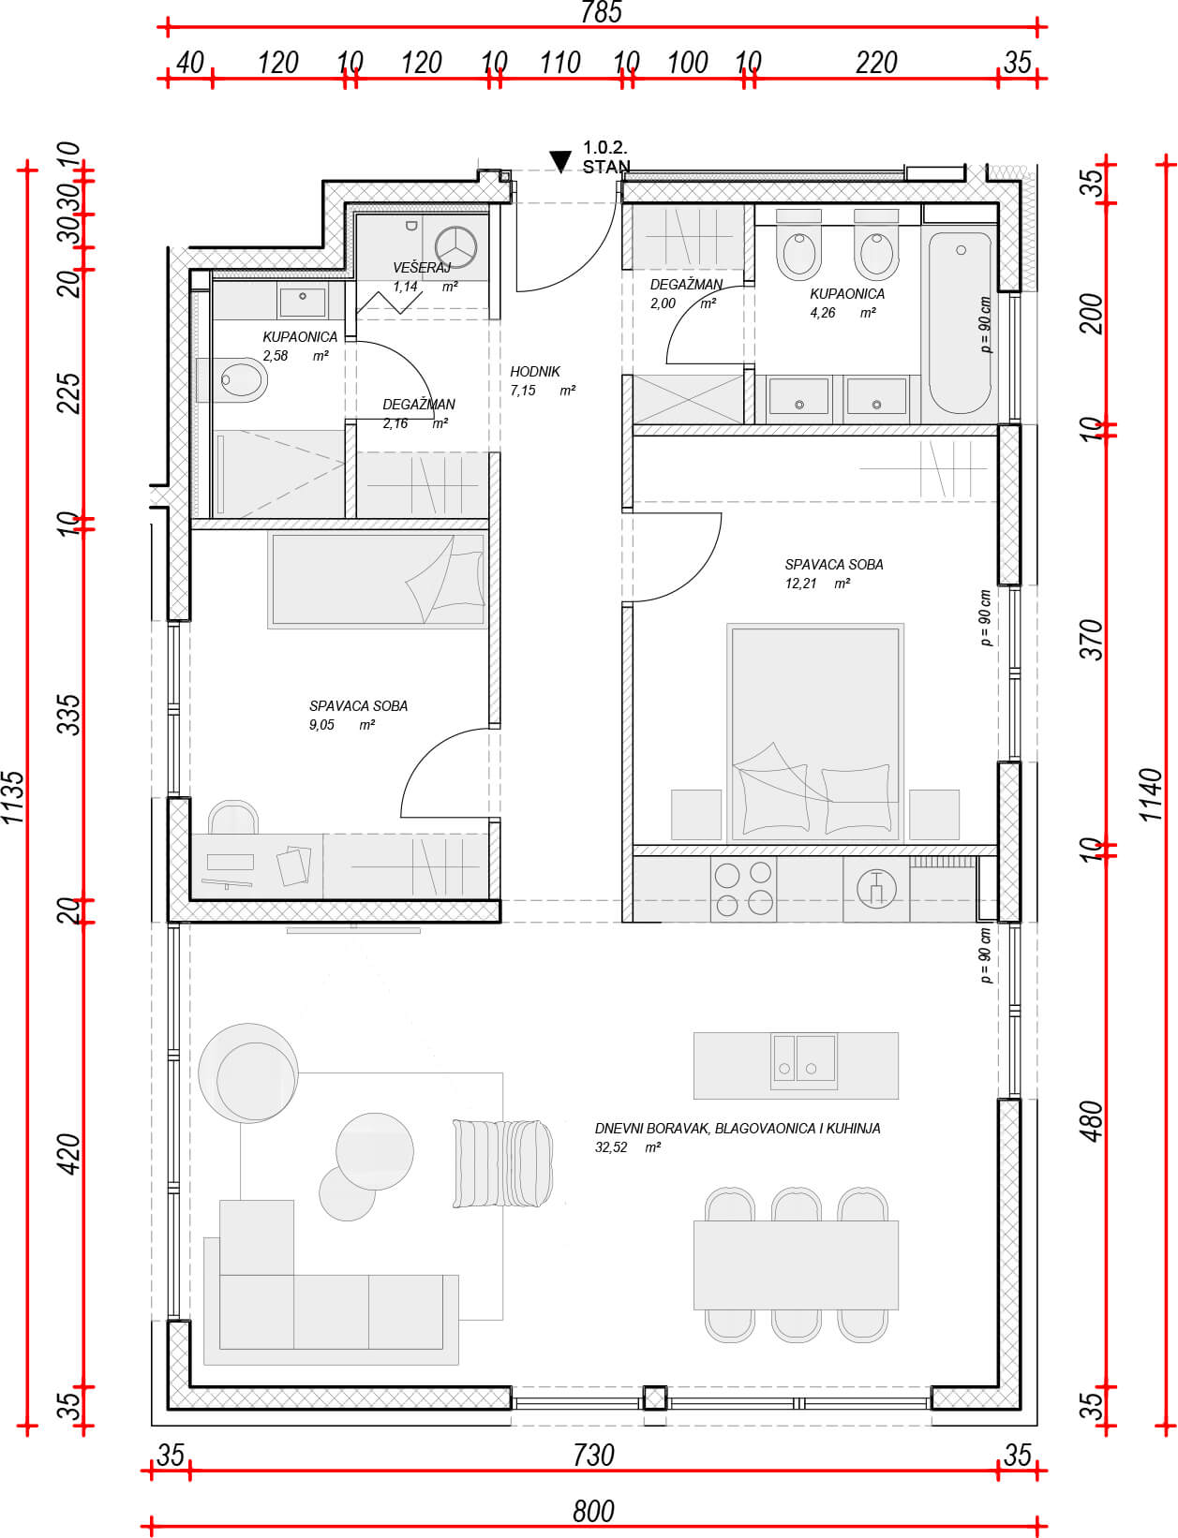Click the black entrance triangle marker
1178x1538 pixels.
pyautogui.click(x=560, y=161)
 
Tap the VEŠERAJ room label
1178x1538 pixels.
pyautogui.click(x=422, y=268)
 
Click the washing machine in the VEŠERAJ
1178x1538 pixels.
pyautogui.click(x=455, y=247)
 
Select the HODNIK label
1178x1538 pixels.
pyautogui.click(x=535, y=372)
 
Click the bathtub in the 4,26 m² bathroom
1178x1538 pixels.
pyautogui.click(x=960, y=323)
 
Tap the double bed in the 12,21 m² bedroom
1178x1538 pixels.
pyautogui.click(x=814, y=733)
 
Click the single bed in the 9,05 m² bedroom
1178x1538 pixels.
pyautogui.click(x=378, y=581)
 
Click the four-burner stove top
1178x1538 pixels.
pyautogui.click(x=743, y=889)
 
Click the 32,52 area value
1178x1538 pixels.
pyautogui.click(x=611, y=1147)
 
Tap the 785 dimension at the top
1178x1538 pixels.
pyautogui.click(x=601, y=12)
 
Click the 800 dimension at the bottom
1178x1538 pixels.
pyautogui.click(x=593, y=1511)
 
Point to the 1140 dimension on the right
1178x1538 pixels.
pyautogui.click(x=1152, y=795)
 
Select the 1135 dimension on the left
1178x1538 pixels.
pyautogui.click(x=13, y=798)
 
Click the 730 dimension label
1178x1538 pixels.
pyautogui.click(x=593, y=1456)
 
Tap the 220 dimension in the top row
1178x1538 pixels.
pyautogui.click(x=876, y=63)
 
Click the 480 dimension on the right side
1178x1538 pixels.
pyautogui.click(x=1093, y=1122)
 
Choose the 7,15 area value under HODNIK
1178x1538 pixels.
pyautogui.click(x=522, y=391)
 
